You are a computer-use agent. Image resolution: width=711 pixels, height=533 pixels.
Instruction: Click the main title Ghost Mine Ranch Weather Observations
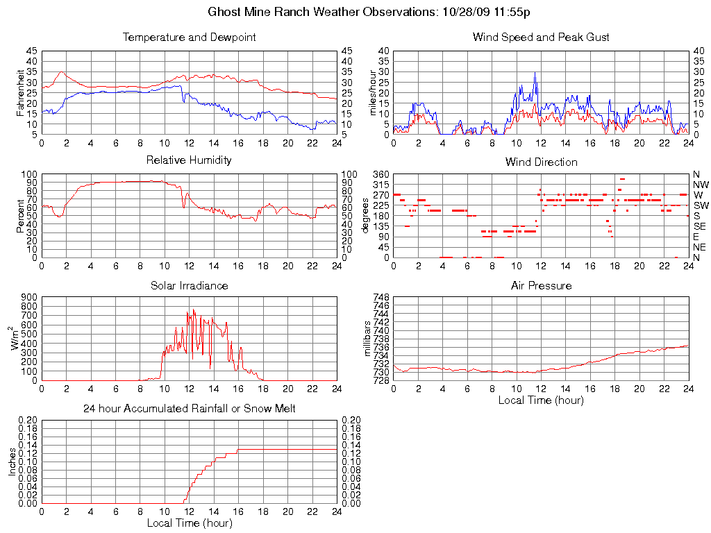[x=369, y=12]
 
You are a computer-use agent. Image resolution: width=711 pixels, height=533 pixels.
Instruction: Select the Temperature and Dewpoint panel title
[x=189, y=37]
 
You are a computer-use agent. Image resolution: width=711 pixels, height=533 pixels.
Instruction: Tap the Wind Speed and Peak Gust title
[x=541, y=37]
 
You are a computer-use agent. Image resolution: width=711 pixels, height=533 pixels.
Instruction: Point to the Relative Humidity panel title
[x=189, y=160]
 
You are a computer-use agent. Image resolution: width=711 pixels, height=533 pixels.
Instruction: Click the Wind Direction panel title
[x=541, y=162]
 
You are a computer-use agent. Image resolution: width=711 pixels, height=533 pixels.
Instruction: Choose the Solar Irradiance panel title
[x=189, y=285]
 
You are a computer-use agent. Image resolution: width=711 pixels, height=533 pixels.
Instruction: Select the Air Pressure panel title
[x=541, y=285]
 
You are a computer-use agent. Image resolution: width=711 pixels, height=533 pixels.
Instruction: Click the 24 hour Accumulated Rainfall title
[x=189, y=409]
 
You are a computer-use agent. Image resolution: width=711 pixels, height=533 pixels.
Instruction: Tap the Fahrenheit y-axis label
[x=20, y=93]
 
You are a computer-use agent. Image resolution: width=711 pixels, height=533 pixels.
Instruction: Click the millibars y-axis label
[x=369, y=339]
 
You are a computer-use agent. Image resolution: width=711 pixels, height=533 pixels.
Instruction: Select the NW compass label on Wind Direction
[x=701, y=185]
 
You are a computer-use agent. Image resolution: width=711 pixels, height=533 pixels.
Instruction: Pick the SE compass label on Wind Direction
[x=700, y=226]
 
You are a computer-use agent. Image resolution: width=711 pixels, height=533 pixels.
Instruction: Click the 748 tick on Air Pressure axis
[x=380, y=297]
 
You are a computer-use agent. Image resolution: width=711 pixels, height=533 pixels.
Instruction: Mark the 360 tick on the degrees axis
[x=380, y=174]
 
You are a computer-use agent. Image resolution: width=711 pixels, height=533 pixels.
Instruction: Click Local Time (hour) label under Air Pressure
[x=541, y=400]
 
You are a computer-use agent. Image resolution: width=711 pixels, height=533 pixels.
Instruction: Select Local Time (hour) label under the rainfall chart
[x=189, y=523]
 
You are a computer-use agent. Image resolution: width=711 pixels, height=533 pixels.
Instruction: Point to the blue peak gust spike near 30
[x=535, y=73]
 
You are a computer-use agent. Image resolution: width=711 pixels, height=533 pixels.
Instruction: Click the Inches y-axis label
[x=12, y=462]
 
